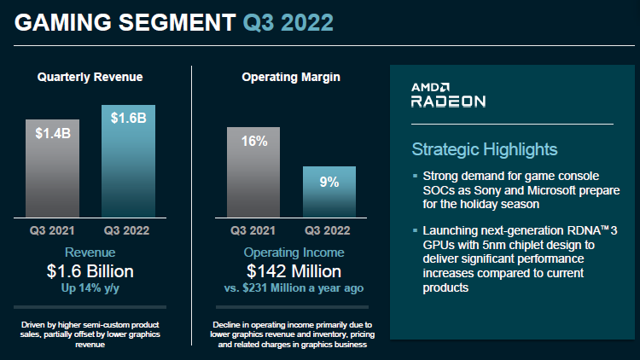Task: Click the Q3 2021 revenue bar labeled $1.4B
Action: pyautogui.click(x=52, y=170)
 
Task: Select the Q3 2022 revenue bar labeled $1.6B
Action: pyautogui.click(x=128, y=162)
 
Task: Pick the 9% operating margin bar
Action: pyautogui.click(x=329, y=193)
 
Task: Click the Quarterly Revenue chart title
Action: pyautogui.click(x=90, y=78)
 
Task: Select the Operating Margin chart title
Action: pyautogui.click(x=291, y=78)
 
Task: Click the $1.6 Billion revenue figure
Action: pyautogui.click(x=90, y=272)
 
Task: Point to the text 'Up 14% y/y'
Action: pyautogui.click(x=90, y=288)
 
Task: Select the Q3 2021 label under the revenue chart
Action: pyautogui.click(x=52, y=230)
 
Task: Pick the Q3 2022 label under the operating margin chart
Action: pyautogui.click(x=329, y=230)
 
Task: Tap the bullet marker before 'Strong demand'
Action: pyautogui.click(x=415, y=177)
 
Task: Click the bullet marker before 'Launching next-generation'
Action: pyautogui.click(x=415, y=231)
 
